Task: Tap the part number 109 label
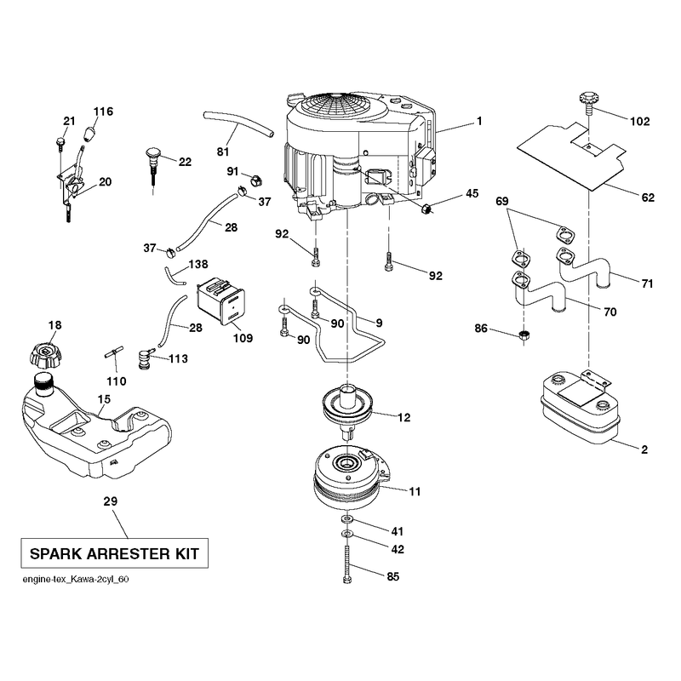[x=243, y=338]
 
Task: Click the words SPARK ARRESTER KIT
[x=114, y=554]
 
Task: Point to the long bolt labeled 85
[x=347, y=564]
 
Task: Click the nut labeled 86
[x=524, y=335]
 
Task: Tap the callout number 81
[x=223, y=152]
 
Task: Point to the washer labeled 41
[x=347, y=519]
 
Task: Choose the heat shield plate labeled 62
[x=572, y=155]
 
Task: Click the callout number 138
[x=198, y=264]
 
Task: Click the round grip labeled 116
[x=90, y=134]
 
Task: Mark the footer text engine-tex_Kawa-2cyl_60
[x=76, y=580]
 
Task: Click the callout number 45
[x=472, y=193]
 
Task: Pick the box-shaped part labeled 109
[x=221, y=300]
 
